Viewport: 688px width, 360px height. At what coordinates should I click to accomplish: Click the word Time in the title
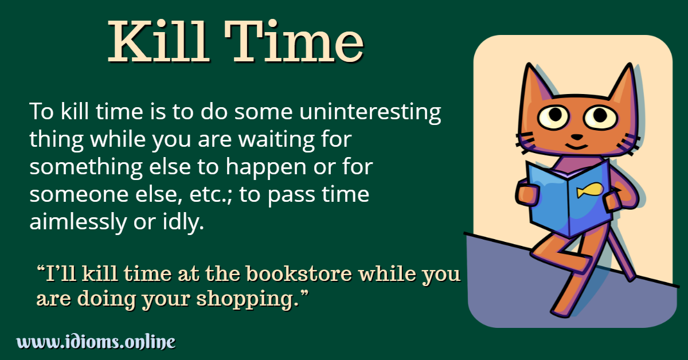[298, 43]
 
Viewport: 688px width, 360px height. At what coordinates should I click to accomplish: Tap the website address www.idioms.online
[96, 342]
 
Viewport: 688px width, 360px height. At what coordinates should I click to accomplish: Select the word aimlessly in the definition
[76, 223]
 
